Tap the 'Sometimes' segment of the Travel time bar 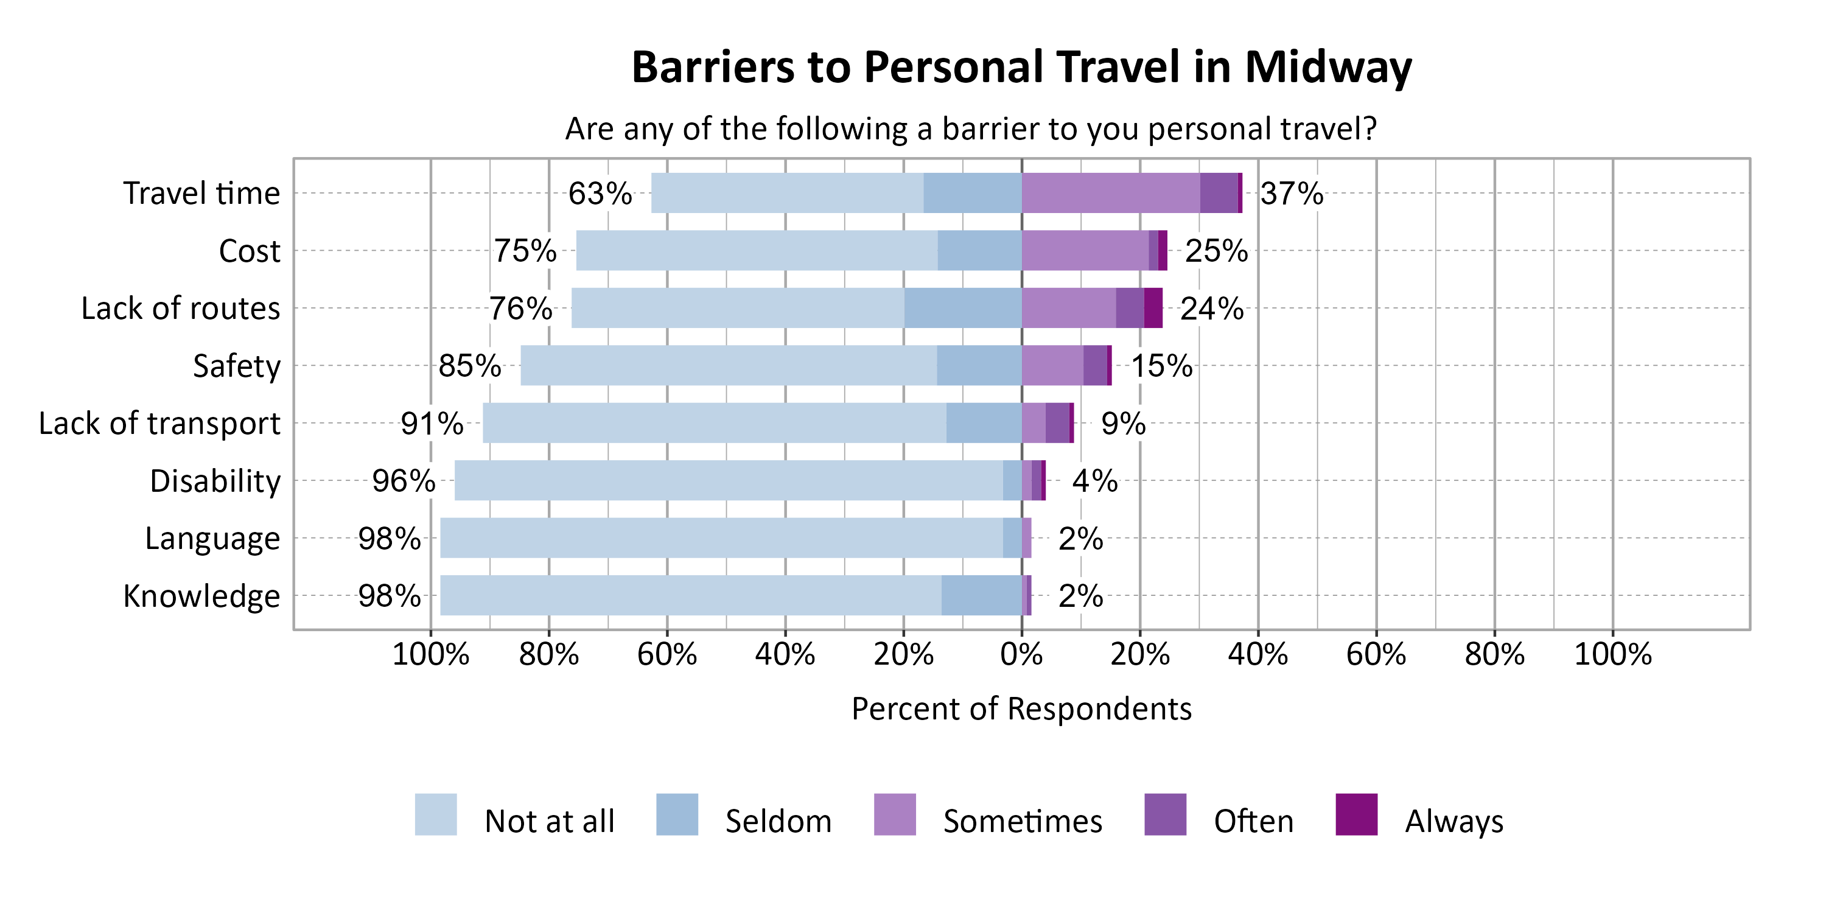pyautogui.click(x=1110, y=193)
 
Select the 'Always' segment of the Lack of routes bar pyautogui.click(x=1153, y=307)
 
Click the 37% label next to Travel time pyautogui.click(x=1291, y=194)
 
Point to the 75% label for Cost pyautogui.click(x=525, y=251)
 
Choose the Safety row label pyautogui.click(x=236, y=366)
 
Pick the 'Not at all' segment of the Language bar pyautogui.click(x=721, y=538)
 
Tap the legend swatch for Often pyautogui.click(x=1164, y=814)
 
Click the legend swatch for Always pyautogui.click(x=1356, y=814)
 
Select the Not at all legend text pyautogui.click(x=550, y=822)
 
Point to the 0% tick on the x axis pyautogui.click(x=1021, y=654)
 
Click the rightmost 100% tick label pyautogui.click(x=1612, y=654)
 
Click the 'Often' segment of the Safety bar pyautogui.click(x=1094, y=366)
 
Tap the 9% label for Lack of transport pyautogui.click(x=1123, y=424)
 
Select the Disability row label pyautogui.click(x=215, y=481)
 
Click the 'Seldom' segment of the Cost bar pyautogui.click(x=979, y=250)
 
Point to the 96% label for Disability pyautogui.click(x=404, y=481)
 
